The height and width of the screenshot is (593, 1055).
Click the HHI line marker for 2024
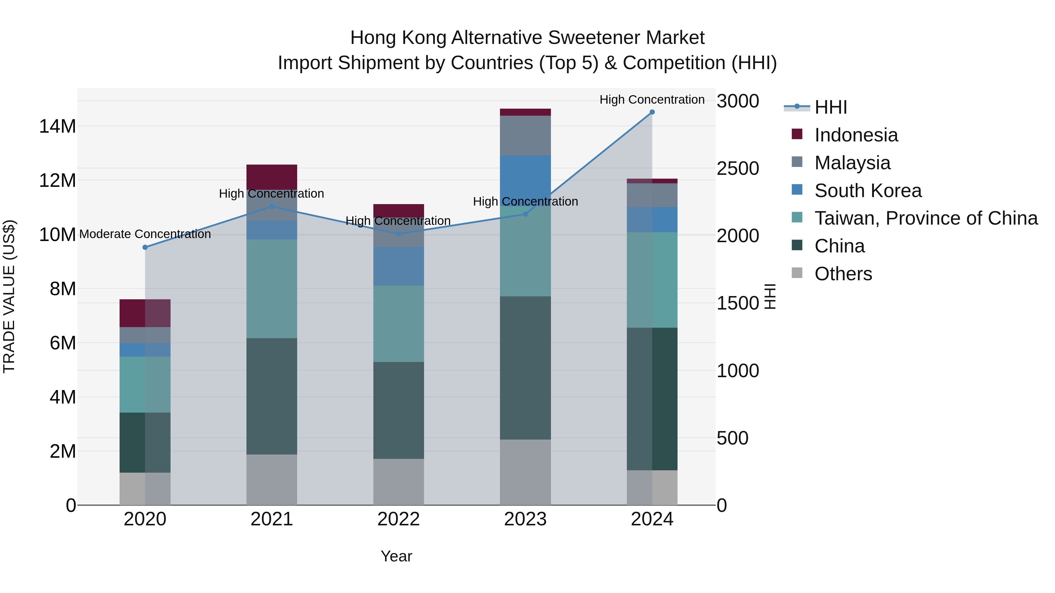pos(652,112)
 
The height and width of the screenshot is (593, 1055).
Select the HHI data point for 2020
pos(145,247)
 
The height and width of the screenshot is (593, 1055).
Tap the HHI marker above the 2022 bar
pos(399,234)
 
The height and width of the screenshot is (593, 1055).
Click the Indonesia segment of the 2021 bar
pos(272,177)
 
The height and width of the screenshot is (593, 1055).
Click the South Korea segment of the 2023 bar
pos(525,176)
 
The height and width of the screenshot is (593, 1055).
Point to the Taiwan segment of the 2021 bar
pos(272,288)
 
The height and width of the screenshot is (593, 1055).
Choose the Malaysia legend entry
pos(852,163)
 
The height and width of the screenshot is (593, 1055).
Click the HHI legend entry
pos(831,107)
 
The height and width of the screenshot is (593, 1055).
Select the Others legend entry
pos(843,274)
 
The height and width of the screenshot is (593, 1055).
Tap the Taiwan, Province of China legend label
pos(926,218)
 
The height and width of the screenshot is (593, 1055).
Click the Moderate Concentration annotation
pos(145,234)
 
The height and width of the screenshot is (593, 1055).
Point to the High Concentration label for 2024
pos(652,100)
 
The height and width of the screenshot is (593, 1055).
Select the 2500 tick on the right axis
pos(738,169)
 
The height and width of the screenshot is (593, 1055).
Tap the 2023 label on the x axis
pos(525,519)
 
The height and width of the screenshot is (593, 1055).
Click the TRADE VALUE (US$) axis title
pos(9,296)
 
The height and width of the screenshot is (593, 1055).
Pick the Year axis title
pos(396,556)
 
